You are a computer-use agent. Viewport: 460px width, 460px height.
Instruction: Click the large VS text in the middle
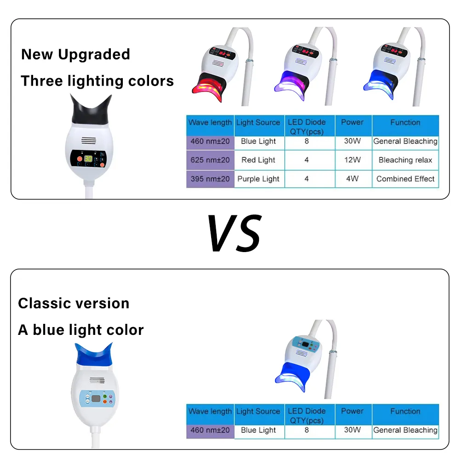234,233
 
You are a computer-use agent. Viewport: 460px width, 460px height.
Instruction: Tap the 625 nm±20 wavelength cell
210,160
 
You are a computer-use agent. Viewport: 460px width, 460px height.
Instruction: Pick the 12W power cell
352,160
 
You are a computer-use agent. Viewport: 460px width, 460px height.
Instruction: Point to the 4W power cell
352,179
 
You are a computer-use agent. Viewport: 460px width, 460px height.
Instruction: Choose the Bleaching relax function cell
405,160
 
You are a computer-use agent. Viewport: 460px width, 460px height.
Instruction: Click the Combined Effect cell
405,179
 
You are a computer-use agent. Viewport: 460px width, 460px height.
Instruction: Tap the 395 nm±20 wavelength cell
210,179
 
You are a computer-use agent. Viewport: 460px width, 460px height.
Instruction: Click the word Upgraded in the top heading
94,54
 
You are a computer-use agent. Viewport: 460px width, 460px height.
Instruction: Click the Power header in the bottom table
352,411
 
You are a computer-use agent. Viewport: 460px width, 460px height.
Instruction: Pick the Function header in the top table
405,122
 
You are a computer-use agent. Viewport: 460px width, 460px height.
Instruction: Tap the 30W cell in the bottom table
352,431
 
